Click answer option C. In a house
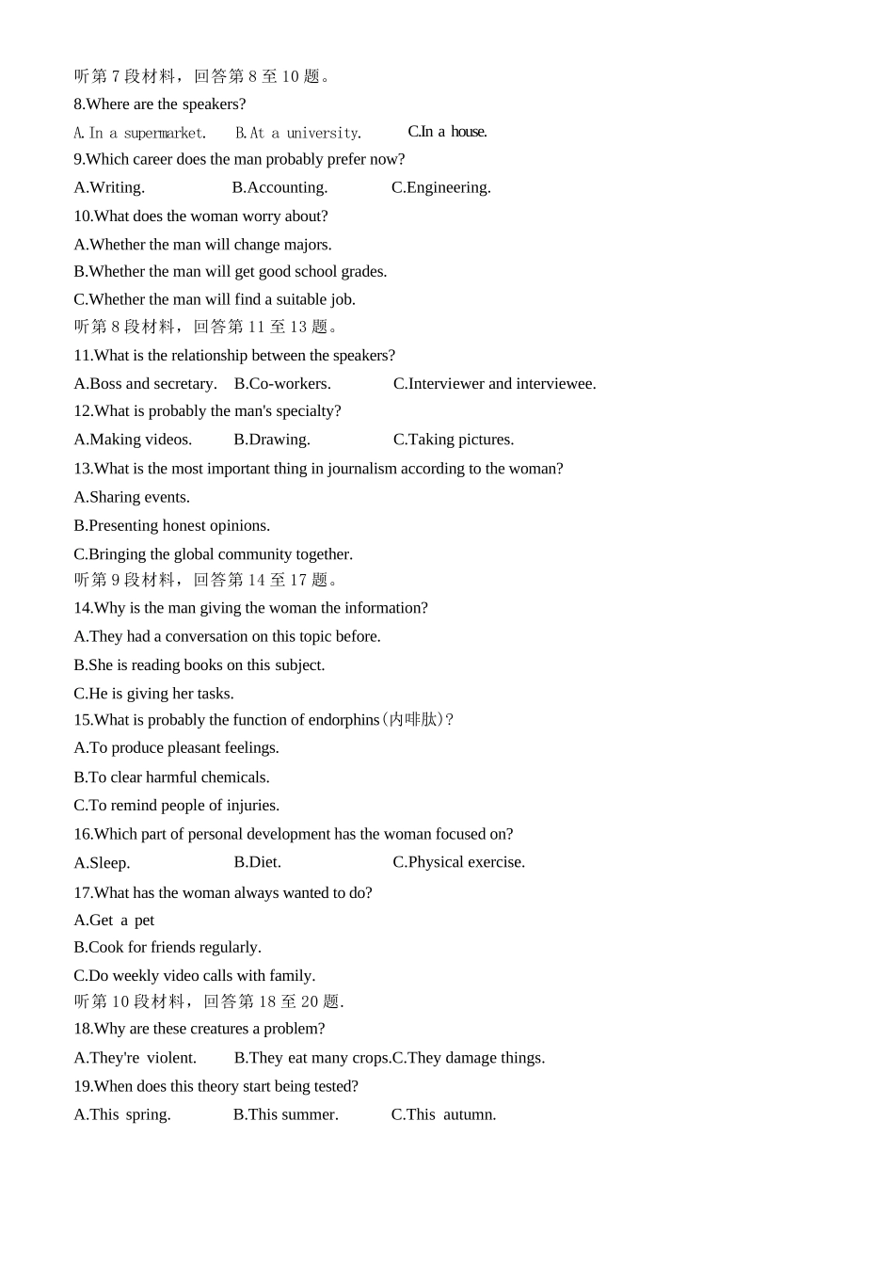(447, 132)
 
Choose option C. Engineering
(440, 187)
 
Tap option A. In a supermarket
(139, 133)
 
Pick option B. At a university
(297, 133)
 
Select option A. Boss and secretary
(145, 383)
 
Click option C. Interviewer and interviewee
(494, 383)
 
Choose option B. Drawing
(272, 440)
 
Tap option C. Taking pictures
(454, 440)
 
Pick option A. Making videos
(133, 440)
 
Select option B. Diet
(257, 862)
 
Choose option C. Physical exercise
(458, 862)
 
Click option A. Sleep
(102, 863)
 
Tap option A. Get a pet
(114, 921)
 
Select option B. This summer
(285, 1114)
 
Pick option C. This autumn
(443, 1114)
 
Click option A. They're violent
(135, 1058)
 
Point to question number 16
(82, 834)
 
